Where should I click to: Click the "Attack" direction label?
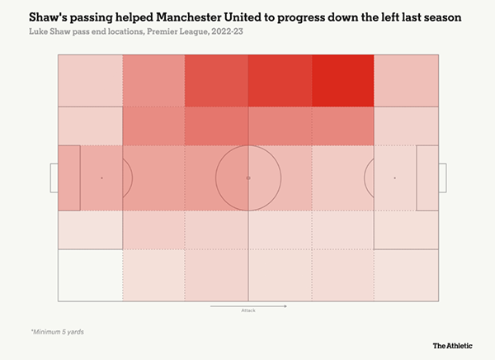click(x=248, y=311)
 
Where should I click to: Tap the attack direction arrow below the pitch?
click(x=248, y=306)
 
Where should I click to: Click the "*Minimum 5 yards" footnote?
click(x=57, y=332)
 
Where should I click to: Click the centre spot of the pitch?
click(x=248, y=178)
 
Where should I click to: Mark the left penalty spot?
click(x=101, y=178)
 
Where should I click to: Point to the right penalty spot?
click(x=394, y=178)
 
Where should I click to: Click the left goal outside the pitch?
click(x=54, y=178)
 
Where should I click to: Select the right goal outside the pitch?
click(x=442, y=178)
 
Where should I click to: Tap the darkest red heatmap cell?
click(x=342, y=81)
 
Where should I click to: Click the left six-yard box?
click(x=69, y=178)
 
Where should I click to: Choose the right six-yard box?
click(x=427, y=178)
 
